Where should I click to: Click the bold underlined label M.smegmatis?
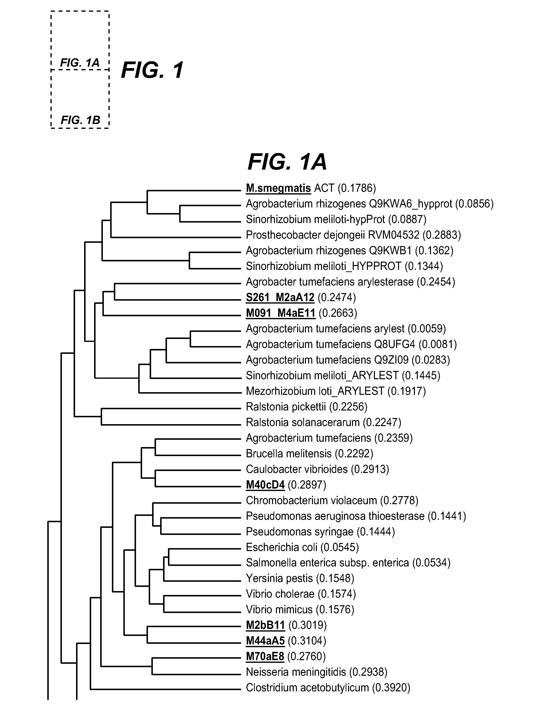[278, 188]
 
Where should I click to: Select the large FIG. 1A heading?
[287, 162]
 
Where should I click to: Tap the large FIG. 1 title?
[152, 70]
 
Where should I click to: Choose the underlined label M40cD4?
[265, 485]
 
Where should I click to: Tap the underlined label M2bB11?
[265, 625]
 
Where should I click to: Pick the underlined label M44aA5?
[265, 641]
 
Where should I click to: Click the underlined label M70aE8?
[265, 656]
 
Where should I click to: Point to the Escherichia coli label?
[282, 547]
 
